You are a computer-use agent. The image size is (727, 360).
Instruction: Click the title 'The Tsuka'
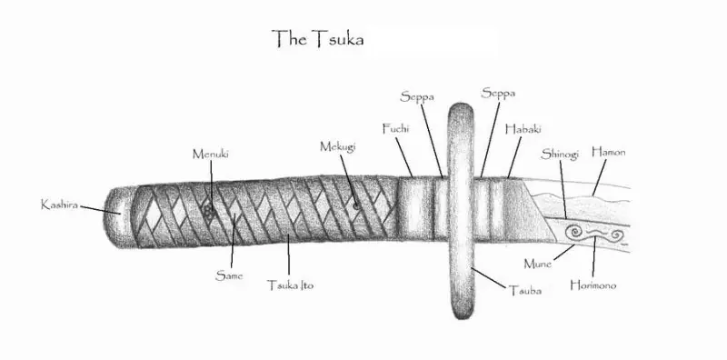pos(317,38)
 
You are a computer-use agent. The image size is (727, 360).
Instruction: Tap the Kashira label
pos(59,205)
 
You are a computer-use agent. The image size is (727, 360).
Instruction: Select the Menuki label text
pos(211,154)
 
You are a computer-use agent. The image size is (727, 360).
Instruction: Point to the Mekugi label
pos(337,146)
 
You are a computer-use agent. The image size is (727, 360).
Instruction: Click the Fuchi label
pos(395,128)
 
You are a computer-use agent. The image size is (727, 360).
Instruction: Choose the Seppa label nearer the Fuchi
pos(417,97)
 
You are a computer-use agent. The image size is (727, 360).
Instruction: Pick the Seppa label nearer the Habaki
pos(498,94)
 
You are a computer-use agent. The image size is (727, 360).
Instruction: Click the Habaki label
pos(523,129)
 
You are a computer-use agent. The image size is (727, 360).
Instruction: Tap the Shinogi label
pos(560,154)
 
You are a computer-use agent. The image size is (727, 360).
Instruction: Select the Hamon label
pos(608,152)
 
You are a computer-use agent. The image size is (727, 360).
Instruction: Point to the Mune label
pos(537,264)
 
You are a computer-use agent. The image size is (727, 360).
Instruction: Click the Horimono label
pos(593,285)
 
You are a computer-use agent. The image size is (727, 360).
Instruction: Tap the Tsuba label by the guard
pos(525,291)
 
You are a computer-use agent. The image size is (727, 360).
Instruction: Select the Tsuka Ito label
pos(290,285)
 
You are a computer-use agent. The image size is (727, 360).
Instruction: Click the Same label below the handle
pos(229,276)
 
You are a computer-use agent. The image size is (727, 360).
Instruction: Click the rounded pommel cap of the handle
pos(118,216)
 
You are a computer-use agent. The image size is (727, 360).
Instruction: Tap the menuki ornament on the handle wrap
pos(209,213)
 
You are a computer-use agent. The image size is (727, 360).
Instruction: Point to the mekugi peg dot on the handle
pos(355,205)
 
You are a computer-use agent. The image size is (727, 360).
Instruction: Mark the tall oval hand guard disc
pos(461,211)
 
